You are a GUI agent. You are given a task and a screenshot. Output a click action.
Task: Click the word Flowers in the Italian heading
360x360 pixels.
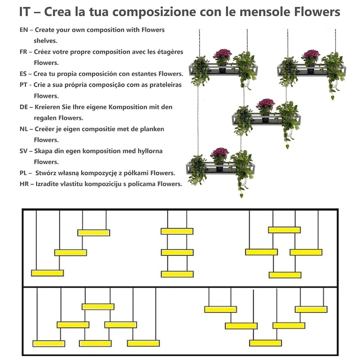coord(317,12)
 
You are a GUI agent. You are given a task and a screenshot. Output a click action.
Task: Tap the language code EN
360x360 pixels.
coord(24,30)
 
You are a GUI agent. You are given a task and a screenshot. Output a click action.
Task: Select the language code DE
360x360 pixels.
coord(24,107)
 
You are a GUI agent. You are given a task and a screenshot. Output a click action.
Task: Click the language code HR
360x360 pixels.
coord(24,184)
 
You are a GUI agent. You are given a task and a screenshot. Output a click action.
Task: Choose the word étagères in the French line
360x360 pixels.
coord(170,52)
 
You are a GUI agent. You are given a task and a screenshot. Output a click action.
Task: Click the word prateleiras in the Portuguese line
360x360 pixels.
coord(166,85)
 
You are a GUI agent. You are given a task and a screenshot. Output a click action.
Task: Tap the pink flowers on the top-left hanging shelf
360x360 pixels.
coord(222,54)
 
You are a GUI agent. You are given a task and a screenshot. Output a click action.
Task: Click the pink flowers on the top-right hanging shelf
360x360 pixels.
coord(311,54)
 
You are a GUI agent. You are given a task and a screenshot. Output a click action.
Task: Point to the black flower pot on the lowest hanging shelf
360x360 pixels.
coord(220,167)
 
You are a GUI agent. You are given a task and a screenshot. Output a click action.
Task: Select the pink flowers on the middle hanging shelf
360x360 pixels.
coord(265,103)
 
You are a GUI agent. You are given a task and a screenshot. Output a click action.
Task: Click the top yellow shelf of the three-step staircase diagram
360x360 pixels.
coord(94,233)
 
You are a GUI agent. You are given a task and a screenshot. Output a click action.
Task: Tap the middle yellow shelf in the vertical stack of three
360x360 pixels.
coord(177,252)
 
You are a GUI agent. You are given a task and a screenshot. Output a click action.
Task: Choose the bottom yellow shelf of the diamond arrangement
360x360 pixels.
coord(285,275)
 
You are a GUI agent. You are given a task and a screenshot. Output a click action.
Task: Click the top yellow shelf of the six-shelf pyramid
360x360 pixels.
coord(98,307)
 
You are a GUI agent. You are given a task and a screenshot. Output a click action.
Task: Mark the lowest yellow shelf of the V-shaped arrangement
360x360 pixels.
coord(265,343)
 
